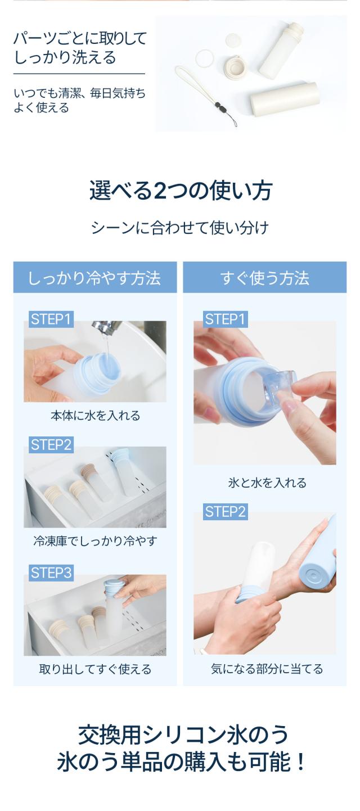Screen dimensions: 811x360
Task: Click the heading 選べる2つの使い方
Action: [180, 191]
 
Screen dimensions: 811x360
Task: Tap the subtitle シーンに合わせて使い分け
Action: [180, 228]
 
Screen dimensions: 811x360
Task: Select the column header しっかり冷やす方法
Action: [94, 278]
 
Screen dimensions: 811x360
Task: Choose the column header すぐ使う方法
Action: [264, 278]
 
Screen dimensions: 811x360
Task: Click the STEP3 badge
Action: [51, 573]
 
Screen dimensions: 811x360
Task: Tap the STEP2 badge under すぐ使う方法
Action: [225, 512]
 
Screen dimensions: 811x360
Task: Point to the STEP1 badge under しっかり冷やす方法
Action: [51, 319]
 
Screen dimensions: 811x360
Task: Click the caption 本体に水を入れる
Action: [95, 416]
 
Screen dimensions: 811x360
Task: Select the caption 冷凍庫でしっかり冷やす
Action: [95, 541]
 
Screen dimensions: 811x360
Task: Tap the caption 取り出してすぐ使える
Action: [95, 669]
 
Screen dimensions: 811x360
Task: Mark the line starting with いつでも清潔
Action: [79, 93]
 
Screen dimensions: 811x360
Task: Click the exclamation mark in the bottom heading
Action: [300, 763]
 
